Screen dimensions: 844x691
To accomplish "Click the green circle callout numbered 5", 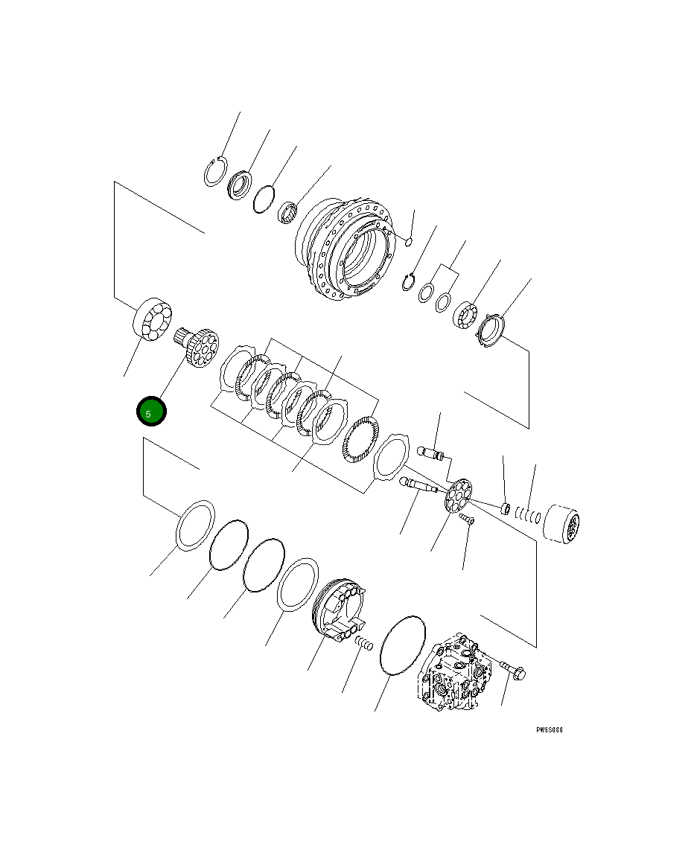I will (x=150, y=412).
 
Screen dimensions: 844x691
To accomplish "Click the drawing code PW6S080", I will (x=549, y=730).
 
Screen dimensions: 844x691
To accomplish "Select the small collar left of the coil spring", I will (x=504, y=509).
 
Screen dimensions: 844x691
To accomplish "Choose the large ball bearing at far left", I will (x=152, y=320).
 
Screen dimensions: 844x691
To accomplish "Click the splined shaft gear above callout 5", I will (x=197, y=345).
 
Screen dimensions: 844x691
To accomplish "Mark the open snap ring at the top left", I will (x=214, y=173).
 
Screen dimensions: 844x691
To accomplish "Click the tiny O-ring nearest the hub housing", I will (x=409, y=240).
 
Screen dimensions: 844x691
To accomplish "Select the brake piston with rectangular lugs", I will (x=339, y=610).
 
